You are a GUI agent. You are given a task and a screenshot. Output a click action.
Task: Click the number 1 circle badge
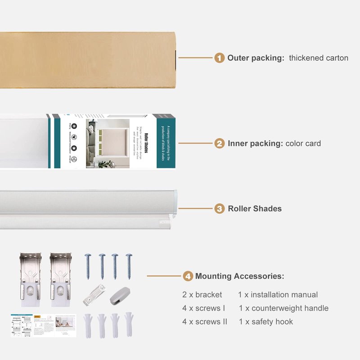pos(219,58)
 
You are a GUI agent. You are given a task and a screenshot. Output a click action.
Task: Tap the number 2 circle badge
pos(219,144)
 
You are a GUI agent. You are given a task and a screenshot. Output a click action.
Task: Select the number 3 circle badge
pos(219,209)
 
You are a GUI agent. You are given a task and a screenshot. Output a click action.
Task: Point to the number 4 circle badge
pos(188,276)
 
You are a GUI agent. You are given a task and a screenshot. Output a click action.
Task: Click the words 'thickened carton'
pos(318,58)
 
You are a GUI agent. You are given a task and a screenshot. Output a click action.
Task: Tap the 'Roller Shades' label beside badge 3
pos(254,209)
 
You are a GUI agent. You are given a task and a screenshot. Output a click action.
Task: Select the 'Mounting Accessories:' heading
pos(239,276)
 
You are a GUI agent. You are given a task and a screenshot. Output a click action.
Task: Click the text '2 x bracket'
pos(202,295)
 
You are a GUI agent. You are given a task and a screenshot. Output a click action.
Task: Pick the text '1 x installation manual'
pos(278,295)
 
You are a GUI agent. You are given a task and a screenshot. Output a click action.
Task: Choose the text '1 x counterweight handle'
pos(283,308)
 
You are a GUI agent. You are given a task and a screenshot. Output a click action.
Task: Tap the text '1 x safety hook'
pos(265,322)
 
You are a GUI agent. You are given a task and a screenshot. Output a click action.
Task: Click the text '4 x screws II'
pos(205,322)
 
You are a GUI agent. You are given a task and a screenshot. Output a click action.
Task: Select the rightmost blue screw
pos(129,266)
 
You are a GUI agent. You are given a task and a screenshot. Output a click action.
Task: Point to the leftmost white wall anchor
pos(87,325)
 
